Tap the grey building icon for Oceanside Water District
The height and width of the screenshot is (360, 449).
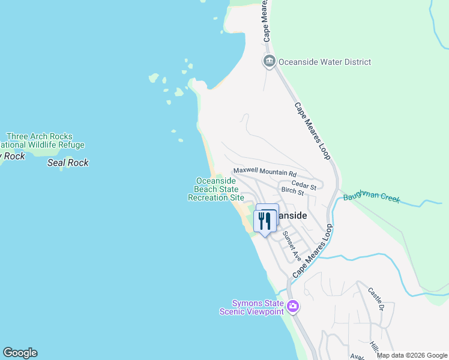pos(269,61)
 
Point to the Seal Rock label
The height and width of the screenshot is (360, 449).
pos(68,163)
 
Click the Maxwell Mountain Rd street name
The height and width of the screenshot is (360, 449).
pos(265,171)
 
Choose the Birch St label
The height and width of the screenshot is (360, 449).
pos(292,191)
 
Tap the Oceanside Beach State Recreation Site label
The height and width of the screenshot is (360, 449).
pos(216,189)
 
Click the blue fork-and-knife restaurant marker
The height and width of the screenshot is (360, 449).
pos(264,220)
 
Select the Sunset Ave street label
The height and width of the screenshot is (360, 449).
pos(292,246)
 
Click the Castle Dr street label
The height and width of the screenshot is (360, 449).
pos(376,300)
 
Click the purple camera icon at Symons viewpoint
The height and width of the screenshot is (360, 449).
pos(293,307)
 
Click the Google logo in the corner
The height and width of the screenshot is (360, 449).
pos(20,353)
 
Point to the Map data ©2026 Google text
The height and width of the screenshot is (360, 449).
pos(412,355)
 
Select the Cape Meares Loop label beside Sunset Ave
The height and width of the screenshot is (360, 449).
pos(313,251)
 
